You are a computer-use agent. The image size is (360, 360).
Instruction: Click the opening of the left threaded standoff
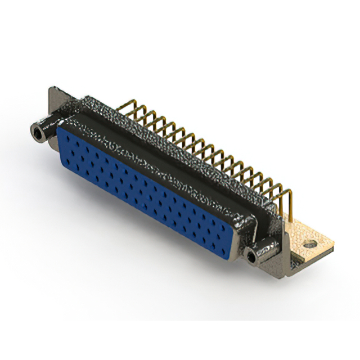[37, 134]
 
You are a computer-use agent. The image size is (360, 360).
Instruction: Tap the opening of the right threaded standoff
[251, 258]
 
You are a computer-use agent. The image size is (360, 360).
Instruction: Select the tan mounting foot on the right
[315, 239]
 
